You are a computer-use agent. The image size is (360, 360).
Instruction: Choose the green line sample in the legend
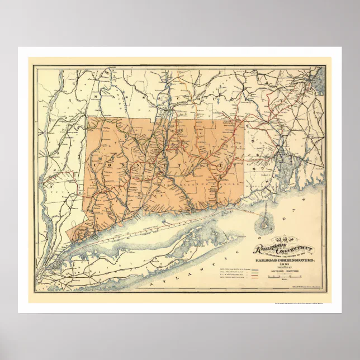tap(255, 272)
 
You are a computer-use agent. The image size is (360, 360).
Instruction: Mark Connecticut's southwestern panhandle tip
tap(69, 230)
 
